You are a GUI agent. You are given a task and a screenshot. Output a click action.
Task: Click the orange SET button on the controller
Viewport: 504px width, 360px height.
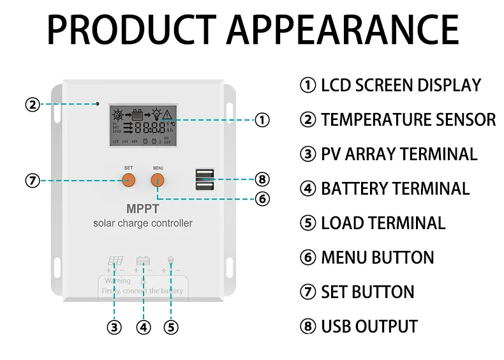[129, 179]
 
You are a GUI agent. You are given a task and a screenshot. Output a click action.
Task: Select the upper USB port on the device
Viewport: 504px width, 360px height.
[205, 173]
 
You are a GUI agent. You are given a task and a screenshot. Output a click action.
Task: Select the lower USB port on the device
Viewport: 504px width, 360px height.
[205, 186]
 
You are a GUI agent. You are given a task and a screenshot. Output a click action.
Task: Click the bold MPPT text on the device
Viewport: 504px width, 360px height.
[143, 208]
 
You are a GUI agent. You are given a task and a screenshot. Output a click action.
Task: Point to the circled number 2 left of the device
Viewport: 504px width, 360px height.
[33, 104]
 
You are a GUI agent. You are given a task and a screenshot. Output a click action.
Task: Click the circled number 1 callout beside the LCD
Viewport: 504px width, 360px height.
[262, 119]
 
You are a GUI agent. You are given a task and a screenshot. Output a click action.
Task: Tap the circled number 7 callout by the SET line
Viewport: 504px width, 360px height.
[33, 181]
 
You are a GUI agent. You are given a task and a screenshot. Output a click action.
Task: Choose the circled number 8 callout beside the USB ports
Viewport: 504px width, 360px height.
[262, 179]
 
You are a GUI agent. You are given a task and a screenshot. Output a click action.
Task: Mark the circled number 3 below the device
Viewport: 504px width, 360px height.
[114, 327]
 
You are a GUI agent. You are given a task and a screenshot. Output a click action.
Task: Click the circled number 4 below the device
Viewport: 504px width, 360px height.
[144, 327]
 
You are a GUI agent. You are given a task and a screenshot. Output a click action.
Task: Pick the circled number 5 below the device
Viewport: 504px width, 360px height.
[171, 327]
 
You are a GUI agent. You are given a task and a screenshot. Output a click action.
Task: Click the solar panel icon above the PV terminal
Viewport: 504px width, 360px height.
[115, 260]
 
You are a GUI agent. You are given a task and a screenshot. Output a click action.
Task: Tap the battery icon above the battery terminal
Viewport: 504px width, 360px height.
[143, 260]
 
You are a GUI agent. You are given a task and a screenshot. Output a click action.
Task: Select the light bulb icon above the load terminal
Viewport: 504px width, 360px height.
[170, 260]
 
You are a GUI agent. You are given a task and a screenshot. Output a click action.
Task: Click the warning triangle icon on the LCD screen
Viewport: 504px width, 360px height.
[167, 116]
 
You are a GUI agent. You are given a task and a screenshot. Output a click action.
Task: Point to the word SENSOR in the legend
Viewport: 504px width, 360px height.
[466, 119]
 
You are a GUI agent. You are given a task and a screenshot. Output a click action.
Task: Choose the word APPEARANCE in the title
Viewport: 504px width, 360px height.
[343, 29]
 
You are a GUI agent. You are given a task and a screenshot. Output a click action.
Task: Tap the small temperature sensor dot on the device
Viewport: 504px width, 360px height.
[97, 103]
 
